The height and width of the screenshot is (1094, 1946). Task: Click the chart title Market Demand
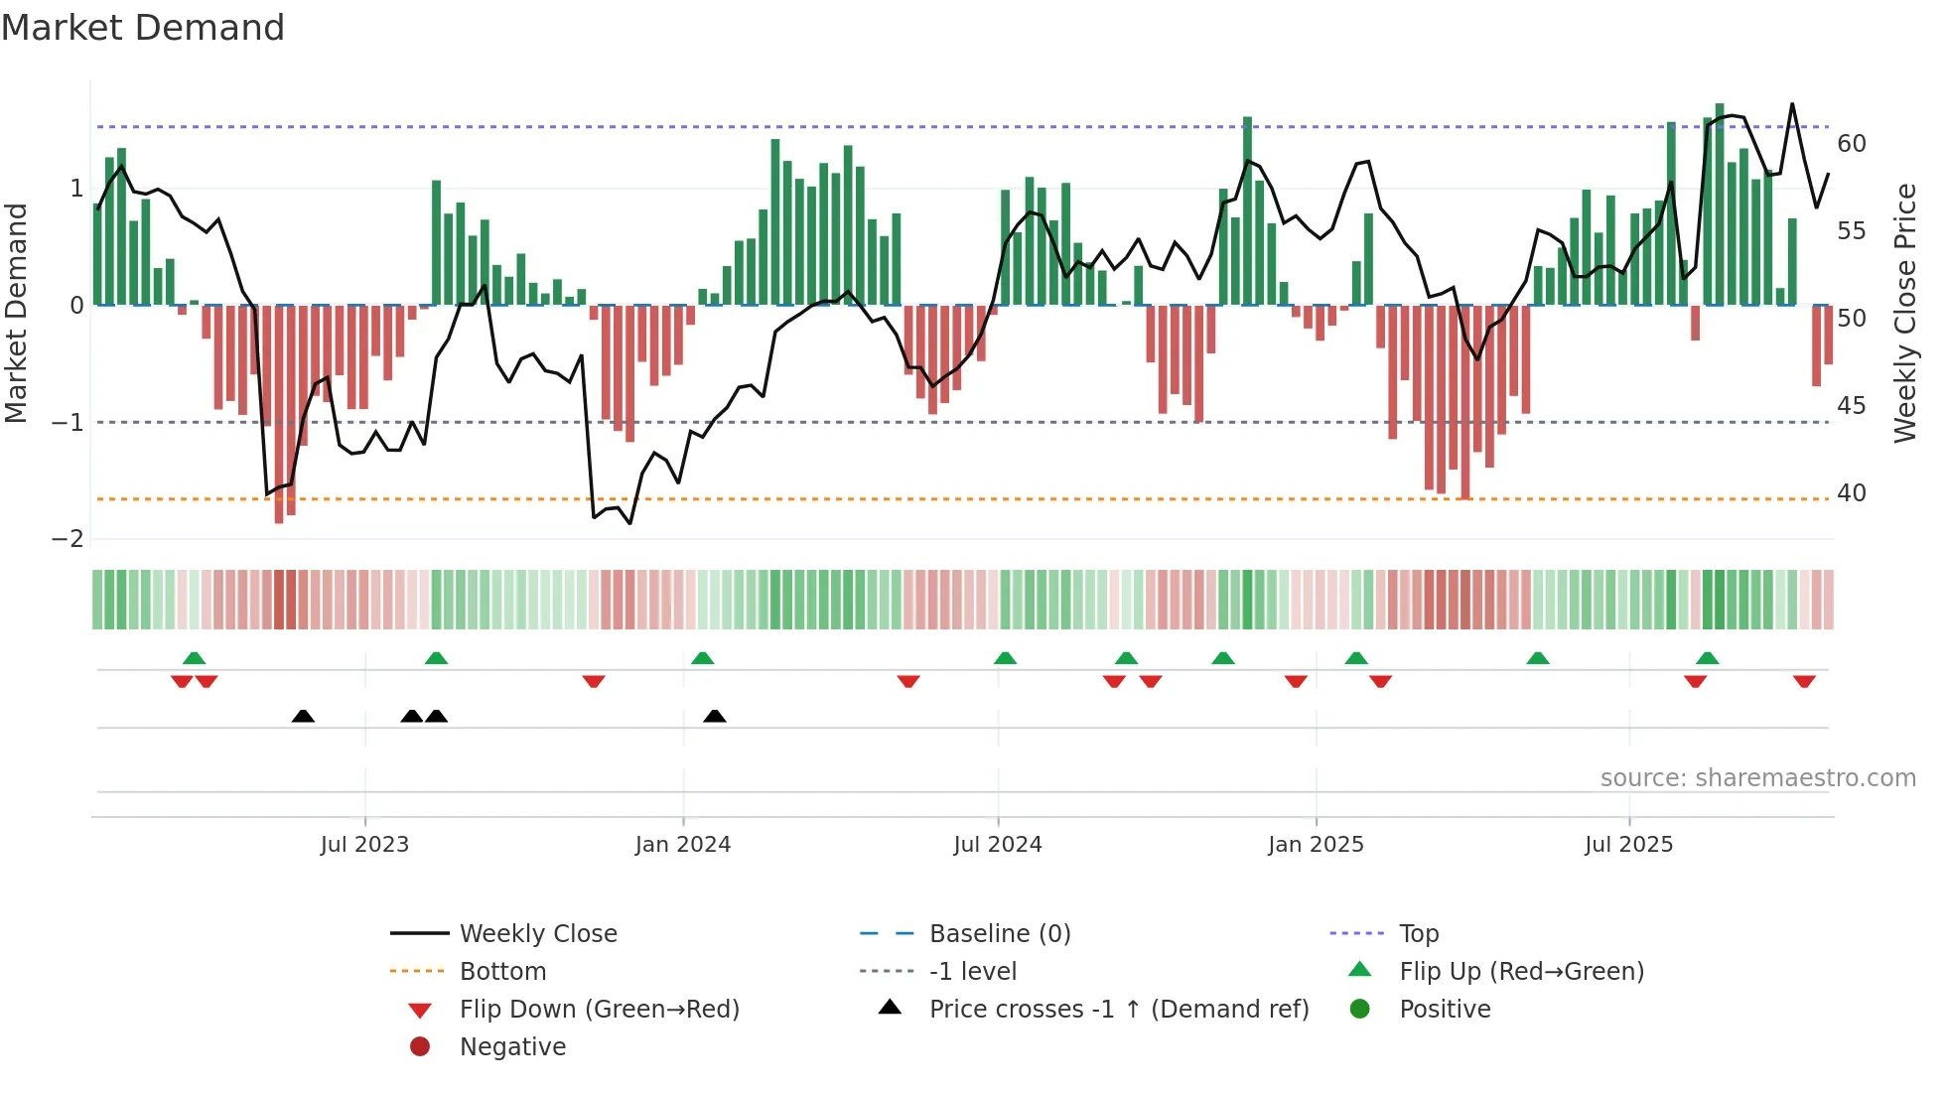[143, 28]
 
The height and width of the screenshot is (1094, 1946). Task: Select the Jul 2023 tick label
[364, 845]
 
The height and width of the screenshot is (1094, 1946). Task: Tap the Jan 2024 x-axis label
[683, 845]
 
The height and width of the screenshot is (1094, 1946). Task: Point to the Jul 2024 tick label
[998, 845]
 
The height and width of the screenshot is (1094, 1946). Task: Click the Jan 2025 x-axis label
[1316, 845]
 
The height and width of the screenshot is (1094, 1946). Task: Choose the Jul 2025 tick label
[1628, 845]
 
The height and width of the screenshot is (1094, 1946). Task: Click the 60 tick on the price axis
[1851, 144]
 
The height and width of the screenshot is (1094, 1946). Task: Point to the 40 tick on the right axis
[1851, 493]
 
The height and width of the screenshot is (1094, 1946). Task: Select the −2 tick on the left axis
[69, 539]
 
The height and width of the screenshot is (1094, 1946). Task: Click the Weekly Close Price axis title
[1905, 313]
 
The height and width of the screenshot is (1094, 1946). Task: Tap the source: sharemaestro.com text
[1757, 778]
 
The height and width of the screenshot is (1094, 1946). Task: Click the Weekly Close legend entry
[538, 934]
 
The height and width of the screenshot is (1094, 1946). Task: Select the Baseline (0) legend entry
[1000, 934]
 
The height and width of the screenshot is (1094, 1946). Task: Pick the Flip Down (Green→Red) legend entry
[599, 1010]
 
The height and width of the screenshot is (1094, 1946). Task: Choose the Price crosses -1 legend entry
[1119, 1010]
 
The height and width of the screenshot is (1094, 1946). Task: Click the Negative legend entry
[512, 1047]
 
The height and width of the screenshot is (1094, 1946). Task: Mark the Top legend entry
[1419, 934]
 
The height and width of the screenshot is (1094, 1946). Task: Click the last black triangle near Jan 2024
[715, 716]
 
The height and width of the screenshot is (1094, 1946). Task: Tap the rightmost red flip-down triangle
[1804, 681]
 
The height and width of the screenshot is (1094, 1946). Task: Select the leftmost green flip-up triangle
[195, 658]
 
